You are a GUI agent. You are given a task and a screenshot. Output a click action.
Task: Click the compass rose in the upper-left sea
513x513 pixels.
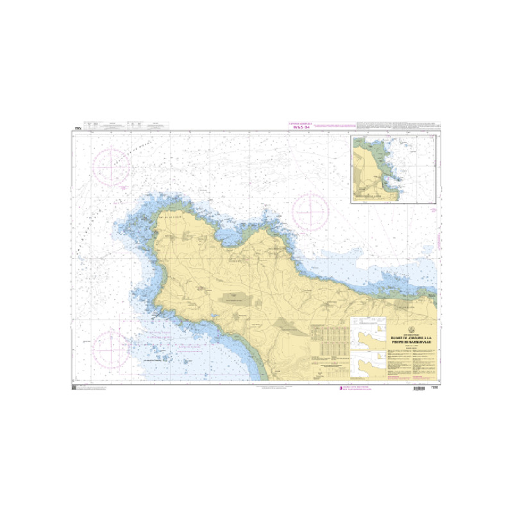pos(112,166)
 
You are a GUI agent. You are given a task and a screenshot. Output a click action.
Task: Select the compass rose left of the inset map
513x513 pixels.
pos(310,211)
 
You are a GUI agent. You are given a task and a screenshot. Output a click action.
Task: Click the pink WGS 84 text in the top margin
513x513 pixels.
pos(301,127)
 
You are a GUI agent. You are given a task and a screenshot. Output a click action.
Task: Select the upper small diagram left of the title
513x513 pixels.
pos(368,336)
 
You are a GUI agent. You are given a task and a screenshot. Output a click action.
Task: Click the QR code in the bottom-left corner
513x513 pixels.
pos(74,389)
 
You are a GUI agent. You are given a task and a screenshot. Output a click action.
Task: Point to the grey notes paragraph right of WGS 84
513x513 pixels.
pos(398,124)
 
